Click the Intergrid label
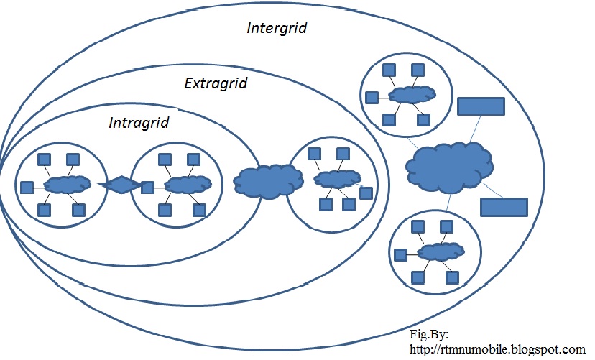coord(277,28)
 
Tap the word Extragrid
coord(216,83)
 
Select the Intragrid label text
coord(139,123)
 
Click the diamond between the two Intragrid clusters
coord(121,185)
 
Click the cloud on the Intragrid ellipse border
coord(268,180)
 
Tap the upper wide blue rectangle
coord(481,106)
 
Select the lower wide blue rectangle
coord(504,207)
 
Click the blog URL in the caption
coord(497,349)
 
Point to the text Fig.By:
coord(429,334)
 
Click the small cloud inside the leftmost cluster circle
coord(68,185)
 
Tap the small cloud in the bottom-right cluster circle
coord(441,252)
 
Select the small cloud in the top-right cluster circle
coord(413,94)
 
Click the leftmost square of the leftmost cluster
coord(27,188)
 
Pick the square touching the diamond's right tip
coord(147,188)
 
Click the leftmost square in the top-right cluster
coord(372,98)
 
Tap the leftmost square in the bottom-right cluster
coord(400,255)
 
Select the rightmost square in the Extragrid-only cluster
coord(366,193)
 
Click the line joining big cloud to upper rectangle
coord(476,129)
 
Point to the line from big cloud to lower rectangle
coord(492,190)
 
